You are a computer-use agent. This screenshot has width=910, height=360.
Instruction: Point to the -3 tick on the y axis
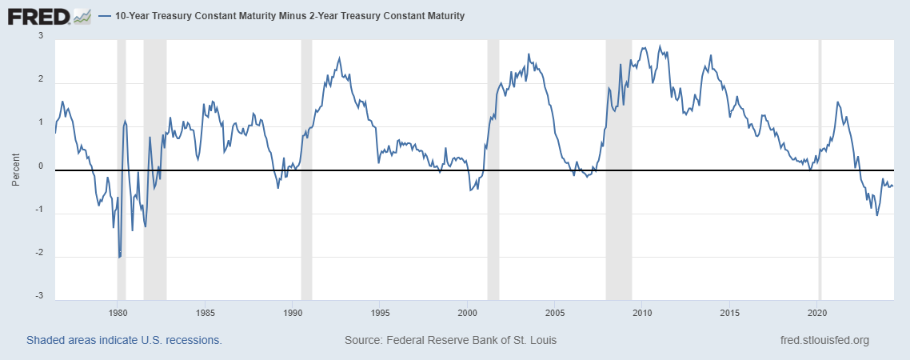[39, 297]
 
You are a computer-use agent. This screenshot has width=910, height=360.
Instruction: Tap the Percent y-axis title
[14, 170]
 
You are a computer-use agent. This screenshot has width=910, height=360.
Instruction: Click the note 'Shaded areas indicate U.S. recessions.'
[124, 340]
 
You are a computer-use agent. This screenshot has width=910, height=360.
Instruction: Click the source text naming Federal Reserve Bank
[450, 340]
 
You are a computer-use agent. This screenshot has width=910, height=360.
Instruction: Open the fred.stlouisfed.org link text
[824, 340]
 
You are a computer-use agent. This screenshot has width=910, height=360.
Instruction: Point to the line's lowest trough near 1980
[119, 258]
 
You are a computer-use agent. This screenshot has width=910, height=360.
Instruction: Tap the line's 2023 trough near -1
[877, 215]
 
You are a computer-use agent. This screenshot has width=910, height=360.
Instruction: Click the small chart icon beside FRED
[82, 16]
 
